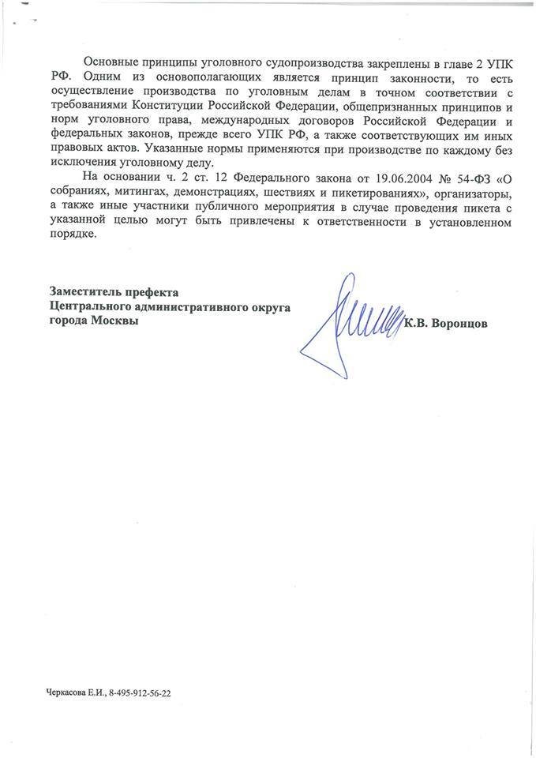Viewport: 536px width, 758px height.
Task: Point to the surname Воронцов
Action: pos(459,322)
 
